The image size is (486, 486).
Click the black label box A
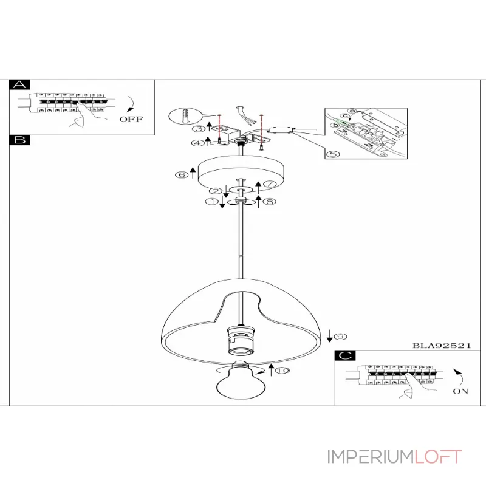coord(21,85)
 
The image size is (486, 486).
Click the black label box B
coord(21,140)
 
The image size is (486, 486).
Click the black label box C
coord(346,357)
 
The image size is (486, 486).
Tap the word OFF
coord(131,119)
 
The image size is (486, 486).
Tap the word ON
coord(460,391)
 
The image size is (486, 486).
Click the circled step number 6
coord(181,175)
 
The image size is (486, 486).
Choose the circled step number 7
coord(269,183)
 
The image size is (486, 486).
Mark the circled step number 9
coord(340,336)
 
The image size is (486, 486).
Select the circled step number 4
coord(198,143)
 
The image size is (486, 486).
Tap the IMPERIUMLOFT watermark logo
coord(395,457)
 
